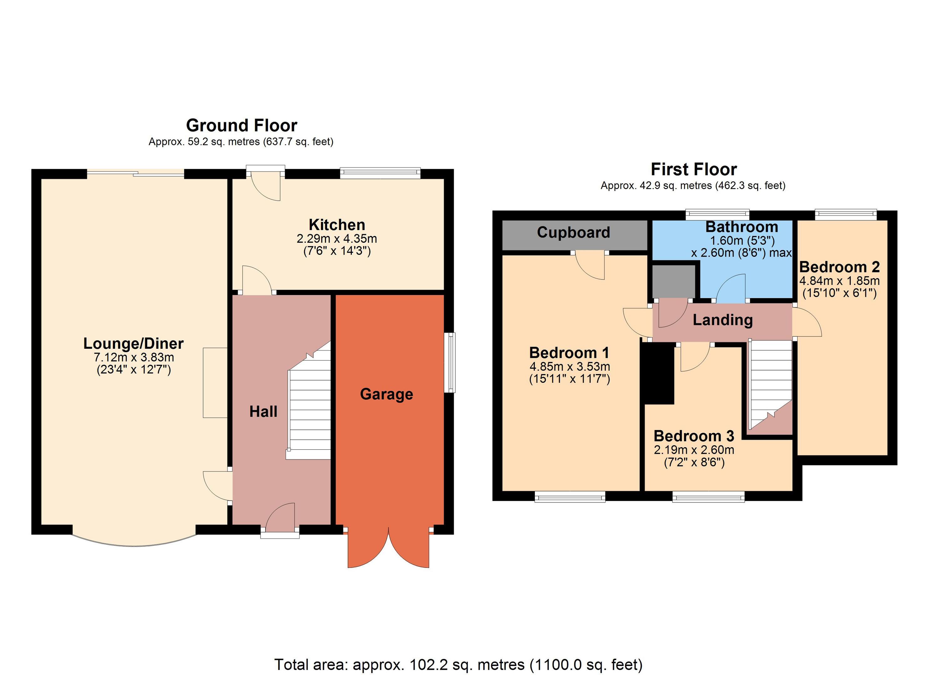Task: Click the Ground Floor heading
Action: pyautogui.click(x=242, y=126)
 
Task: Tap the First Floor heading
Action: pyautogui.click(x=693, y=169)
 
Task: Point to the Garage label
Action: pyautogui.click(x=386, y=394)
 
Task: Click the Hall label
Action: pyautogui.click(x=263, y=411)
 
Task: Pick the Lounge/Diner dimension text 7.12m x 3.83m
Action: pyautogui.click(x=134, y=357)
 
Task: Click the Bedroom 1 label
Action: pyautogui.click(x=569, y=352)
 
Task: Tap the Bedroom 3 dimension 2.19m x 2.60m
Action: pyautogui.click(x=694, y=450)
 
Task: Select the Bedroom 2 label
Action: pyautogui.click(x=839, y=267)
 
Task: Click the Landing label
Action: pyautogui.click(x=723, y=320)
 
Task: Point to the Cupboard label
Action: pyautogui.click(x=573, y=232)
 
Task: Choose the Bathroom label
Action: pyautogui.click(x=742, y=227)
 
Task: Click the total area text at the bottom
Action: pyautogui.click(x=458, y=664)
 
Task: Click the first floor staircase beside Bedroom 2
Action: pyautogui.click(x=770, y=387)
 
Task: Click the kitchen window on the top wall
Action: pyautogui.click(x=380, y=173)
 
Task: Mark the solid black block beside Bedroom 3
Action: pyautogui.click(x=657, y=373)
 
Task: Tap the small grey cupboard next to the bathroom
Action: pyautogui.click(x=674, y=282)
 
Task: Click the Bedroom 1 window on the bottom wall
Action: pyautogui.click(x=570, y=497)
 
